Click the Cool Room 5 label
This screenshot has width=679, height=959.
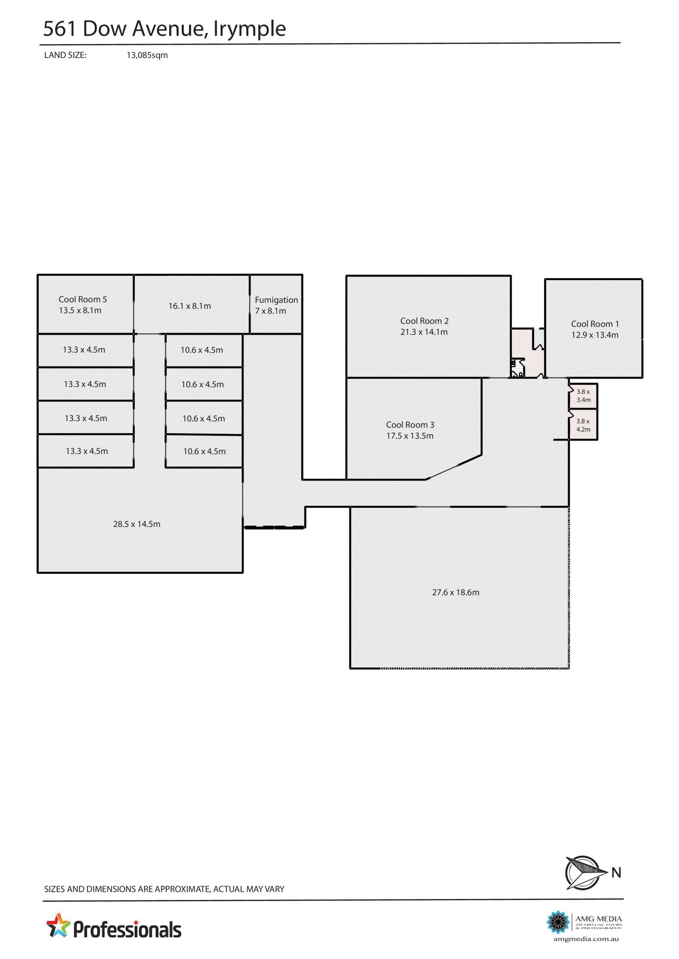pos(82,299)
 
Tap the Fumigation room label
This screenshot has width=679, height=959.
pos(276,300)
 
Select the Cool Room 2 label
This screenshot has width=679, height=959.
pos(424,321)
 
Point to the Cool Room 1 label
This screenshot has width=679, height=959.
pos(595,324)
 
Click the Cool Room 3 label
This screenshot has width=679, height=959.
pos(410,425)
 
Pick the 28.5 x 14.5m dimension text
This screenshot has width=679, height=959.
pos(137,524)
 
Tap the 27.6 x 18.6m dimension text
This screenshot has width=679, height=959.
pos(456,592)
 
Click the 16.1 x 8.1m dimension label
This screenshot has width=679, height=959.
pos(190,306)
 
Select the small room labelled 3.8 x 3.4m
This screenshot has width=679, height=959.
pos(583,396)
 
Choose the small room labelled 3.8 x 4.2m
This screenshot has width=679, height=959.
pos(583,425)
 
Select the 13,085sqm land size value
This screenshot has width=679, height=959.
pos(147,55)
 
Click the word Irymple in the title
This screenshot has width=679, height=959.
pos(250,29)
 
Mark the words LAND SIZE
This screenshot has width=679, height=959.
pos(65,55)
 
